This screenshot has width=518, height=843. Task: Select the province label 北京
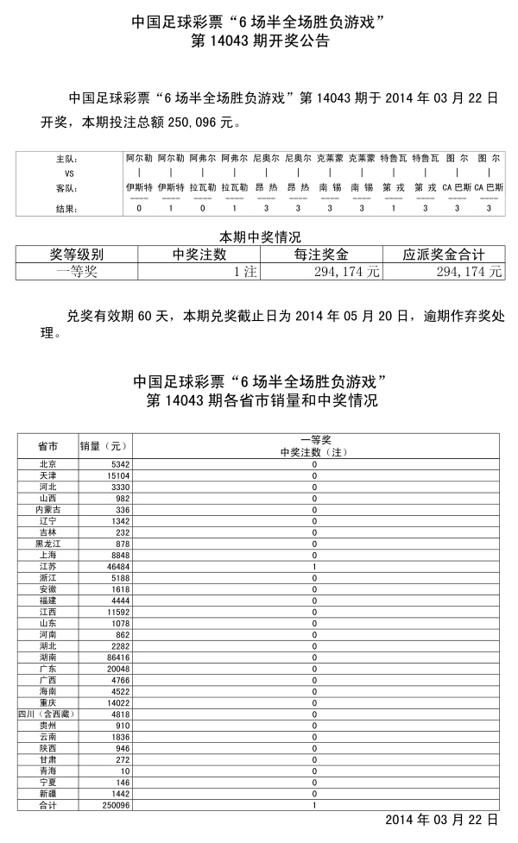point(47,464)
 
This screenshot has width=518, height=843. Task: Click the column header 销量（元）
point(103,446)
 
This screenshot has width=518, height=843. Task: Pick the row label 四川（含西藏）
point(47,714)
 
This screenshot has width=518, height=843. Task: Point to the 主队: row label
point(66,160)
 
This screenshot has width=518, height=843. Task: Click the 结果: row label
point(66,208)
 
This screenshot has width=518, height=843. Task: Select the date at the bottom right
point(441,819)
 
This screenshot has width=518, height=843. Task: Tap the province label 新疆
point(47,793)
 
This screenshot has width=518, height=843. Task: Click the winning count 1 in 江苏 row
point(314,566)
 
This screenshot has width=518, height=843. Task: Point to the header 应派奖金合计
point(444,255)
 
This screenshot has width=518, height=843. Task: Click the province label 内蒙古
point(47,510)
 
